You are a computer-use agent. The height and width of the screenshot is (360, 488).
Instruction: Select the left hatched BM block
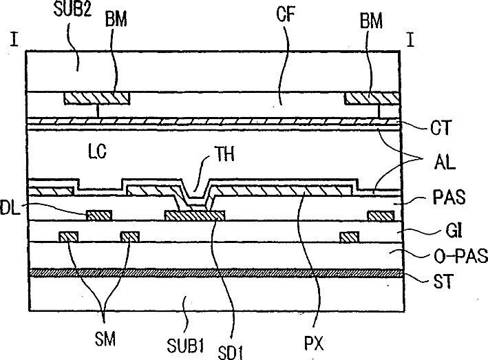(x=96, y=98)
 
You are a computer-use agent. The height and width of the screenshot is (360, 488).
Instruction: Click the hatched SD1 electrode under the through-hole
(x=195, y=215)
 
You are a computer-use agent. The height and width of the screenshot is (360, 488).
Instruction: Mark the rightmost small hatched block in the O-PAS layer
(x=350, y=237)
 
